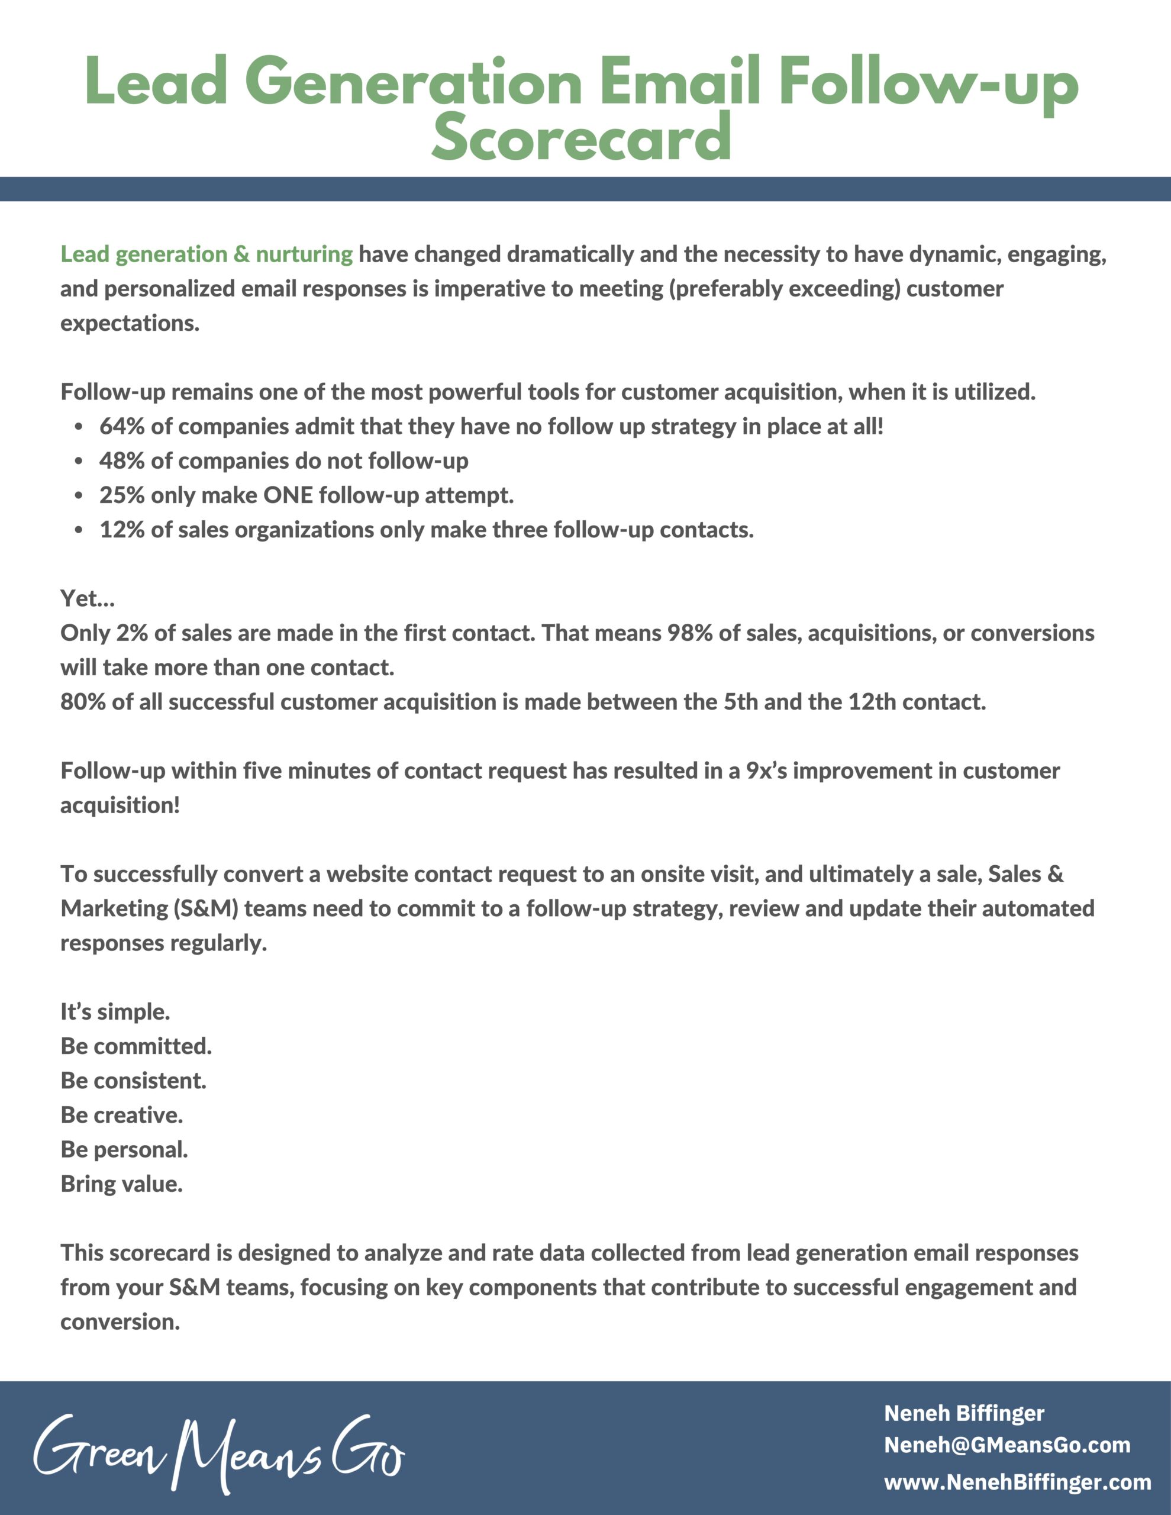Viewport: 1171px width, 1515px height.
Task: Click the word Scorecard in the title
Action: pyautogui.click(x=581, y=137)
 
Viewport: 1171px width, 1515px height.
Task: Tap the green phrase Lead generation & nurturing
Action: pyautogui.click(x=206, y=254)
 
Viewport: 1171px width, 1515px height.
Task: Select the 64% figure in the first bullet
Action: pyautogui.click(x=122, y=426)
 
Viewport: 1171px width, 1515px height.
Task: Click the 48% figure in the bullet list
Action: pyautogui.click(x=122, y=460)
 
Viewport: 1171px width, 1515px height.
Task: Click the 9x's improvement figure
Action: pyautogui.click(x=766, y=771)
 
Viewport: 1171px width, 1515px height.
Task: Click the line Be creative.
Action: pyautogui.click(x=121, y=1115)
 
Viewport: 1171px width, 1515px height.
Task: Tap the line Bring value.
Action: pyautogui.click(x=121, y=1184)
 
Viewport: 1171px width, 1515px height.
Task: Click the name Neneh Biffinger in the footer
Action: pyautogui.click(x=963, y=1413)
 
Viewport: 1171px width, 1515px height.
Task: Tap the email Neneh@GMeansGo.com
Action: pyautogui.click(x=1007, y=1445)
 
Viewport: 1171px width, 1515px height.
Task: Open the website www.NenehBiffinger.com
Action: pyautogui.click(x=1017, y=1482)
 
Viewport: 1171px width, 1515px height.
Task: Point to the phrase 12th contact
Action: pyautogui.click(x=916, y=701)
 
